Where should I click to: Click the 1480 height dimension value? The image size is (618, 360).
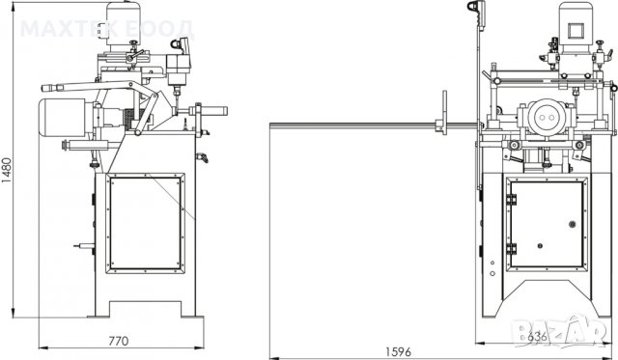[x=7, y=170]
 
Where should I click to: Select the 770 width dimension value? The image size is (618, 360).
[x=118, y=341]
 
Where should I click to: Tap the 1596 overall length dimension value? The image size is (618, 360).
[x=398, y=351]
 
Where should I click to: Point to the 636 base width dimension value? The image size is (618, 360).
[x=537, y=337]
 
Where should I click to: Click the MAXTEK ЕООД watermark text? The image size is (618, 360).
[x=107, y=29]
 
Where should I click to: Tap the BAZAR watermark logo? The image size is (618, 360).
[x=560, y=332]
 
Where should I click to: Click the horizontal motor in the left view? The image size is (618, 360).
[x=63, y=118]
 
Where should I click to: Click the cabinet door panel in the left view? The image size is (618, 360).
[x=145, y=223]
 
